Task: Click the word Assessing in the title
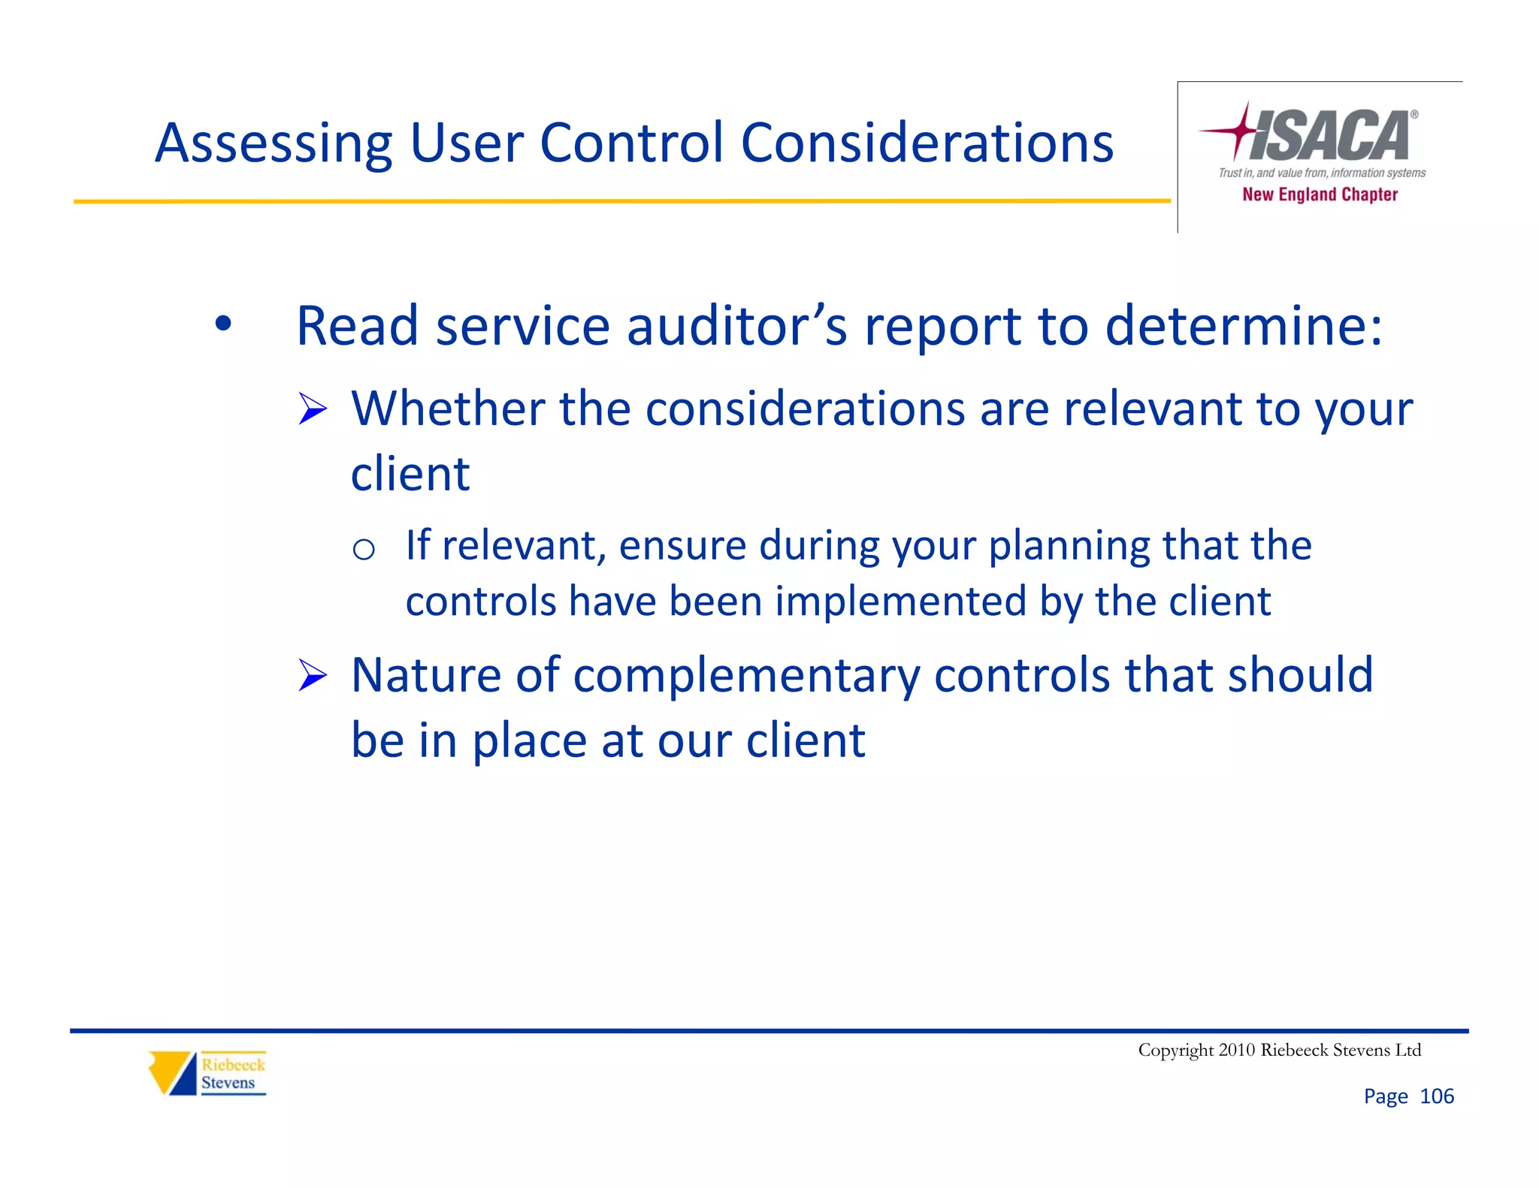(273, 144)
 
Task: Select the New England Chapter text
(1320, 194)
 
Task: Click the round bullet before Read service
(222, 324)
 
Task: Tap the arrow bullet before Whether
(312, 409)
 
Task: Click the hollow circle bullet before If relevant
(364, 550)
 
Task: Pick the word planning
(1069, 547)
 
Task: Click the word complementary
(745, 676)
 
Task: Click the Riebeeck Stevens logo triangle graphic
(172, 1072)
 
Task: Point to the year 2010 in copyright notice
(1237, 1050)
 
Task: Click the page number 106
(1437, 1096)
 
